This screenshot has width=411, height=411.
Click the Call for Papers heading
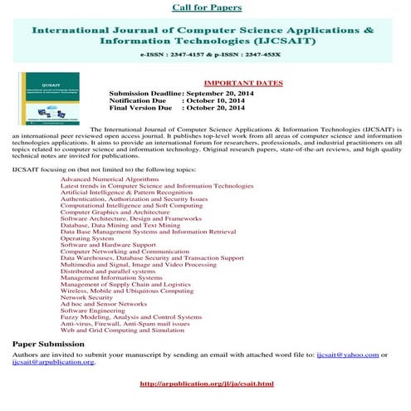point(207,7)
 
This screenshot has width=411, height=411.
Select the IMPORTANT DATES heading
point(242,84)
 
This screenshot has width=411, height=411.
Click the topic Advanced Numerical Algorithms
point(109,179)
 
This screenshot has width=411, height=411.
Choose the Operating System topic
point(87,238)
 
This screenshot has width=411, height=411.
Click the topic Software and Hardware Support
point(107,245)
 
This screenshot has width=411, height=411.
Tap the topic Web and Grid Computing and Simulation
point(122,330)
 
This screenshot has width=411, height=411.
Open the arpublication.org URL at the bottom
point(207,384)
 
